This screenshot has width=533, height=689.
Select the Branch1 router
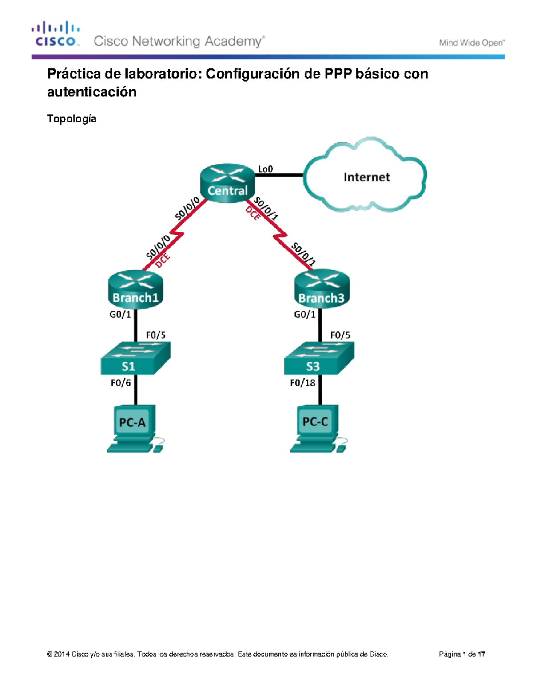click(x=135, y=289)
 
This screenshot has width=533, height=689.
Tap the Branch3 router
click(x=322, y=289)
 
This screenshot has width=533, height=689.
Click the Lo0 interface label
click(x=265, y=169)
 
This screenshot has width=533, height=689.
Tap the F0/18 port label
click(x=302, y=382)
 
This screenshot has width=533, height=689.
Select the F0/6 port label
click(x=121, y=382)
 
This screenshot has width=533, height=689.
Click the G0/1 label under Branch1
click(x=120, y=315)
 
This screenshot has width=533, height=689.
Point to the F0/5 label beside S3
click(x=340, y=335)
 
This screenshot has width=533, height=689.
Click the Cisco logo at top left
click(x=56, y=34)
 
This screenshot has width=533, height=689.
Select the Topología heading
click(x=72, y=119)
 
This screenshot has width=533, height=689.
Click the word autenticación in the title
click(x=92, y=92)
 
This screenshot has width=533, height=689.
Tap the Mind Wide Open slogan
click(x=471, y=43)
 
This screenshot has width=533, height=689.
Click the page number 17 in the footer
click(x=481, y=654)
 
